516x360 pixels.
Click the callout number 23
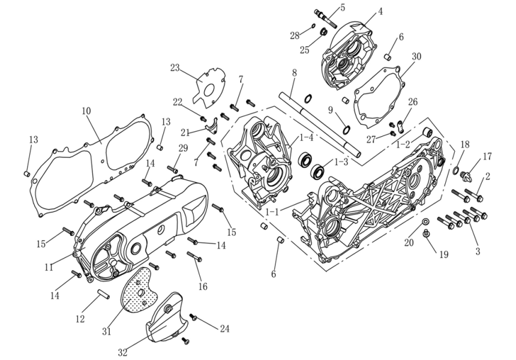(175, 68)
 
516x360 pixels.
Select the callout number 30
(416, 56)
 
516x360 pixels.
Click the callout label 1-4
(306, 137)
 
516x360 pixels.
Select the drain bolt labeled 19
(427, 234)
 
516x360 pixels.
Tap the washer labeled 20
(425, 222)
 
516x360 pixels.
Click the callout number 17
(487, 157)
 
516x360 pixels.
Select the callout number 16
(203, 287)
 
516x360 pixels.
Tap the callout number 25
(305, 50)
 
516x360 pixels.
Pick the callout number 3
(478, 251)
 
